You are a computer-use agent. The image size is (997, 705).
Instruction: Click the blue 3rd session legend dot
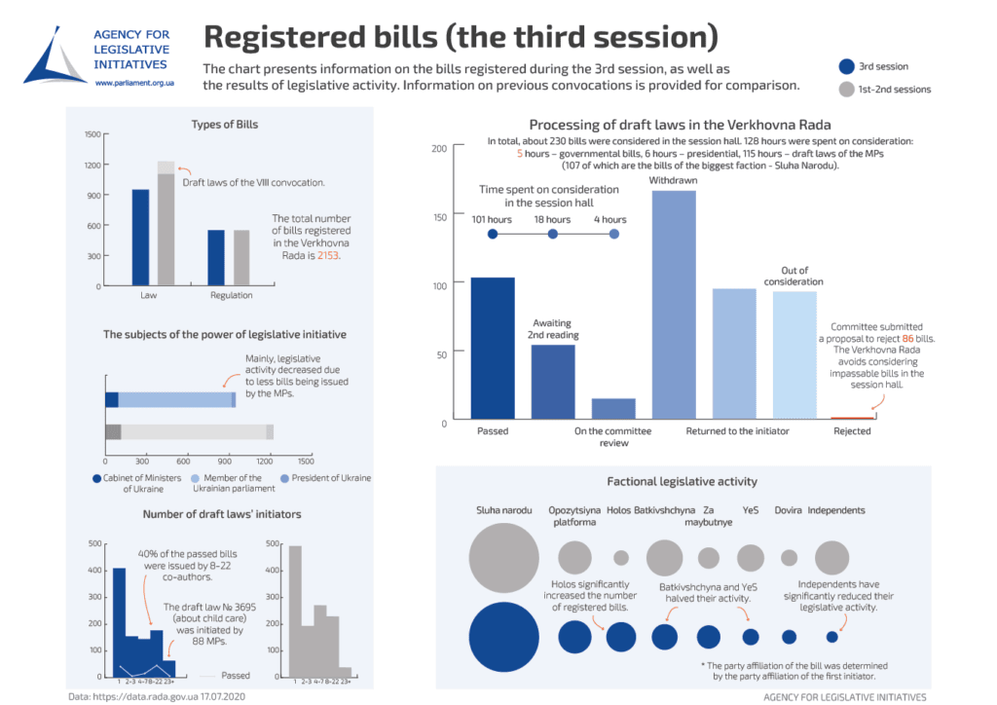coord(845,67)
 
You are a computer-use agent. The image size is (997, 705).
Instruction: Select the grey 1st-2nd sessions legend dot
coord(845,90)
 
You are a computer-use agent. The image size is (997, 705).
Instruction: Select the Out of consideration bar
coord(794,355)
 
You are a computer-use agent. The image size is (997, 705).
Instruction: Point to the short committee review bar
coord(613,409)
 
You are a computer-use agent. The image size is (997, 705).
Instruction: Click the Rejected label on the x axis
coord(852,431)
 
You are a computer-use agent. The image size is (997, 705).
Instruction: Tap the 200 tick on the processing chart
coord(439,148)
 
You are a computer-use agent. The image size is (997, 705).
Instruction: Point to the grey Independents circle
coord(831,558)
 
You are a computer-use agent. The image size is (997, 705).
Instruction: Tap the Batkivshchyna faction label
coord(664,510)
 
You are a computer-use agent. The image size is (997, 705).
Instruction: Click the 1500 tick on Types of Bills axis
coord(92,134)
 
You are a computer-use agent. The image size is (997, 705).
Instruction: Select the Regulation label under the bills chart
coord(230,295)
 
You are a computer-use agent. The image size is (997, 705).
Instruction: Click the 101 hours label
coord(492,220)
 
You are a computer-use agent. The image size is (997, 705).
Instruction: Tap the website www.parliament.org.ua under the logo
coord(134,85)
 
